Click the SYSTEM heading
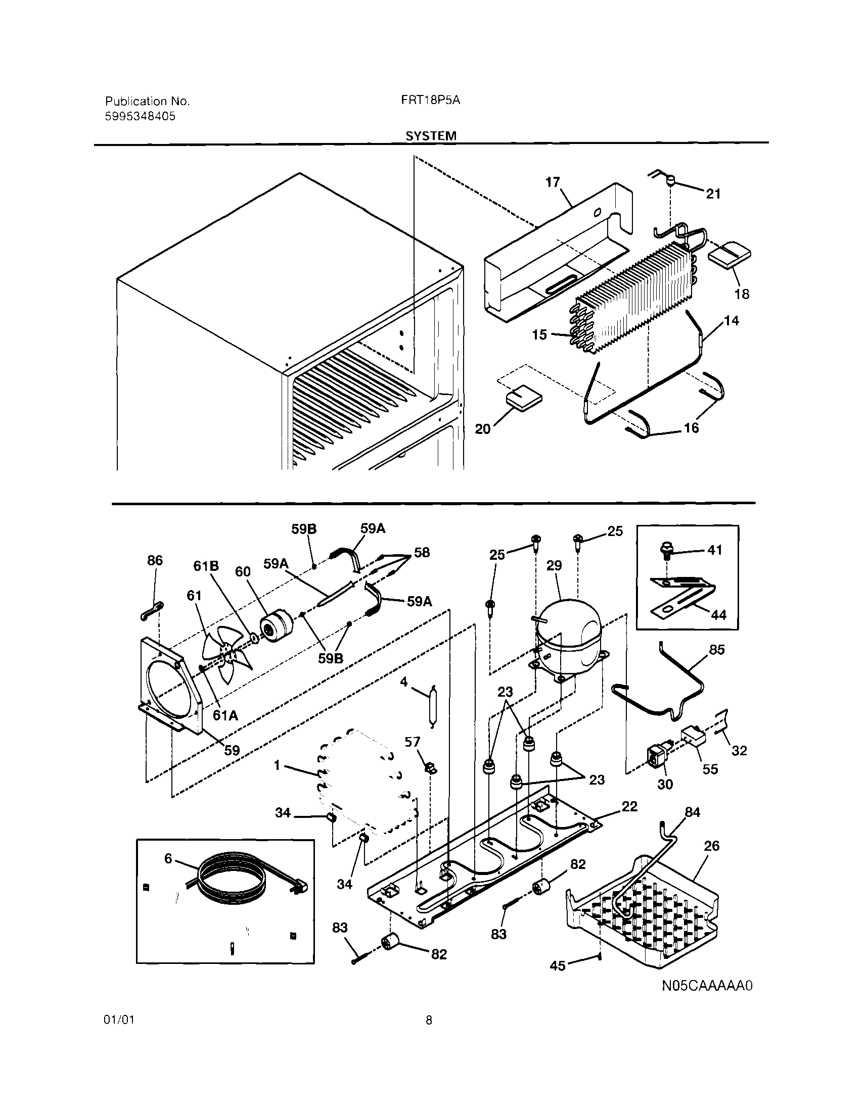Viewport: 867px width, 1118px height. click(x=431, y=136)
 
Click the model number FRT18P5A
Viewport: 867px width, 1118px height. click(x=431, y=101)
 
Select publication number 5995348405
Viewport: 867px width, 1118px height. click(x=140, y=116)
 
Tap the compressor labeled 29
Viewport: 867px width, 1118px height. click(x=567, y=638)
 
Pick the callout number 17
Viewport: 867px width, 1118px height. click(x=553, y=182)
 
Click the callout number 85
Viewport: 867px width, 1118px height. click(x=716, y=649)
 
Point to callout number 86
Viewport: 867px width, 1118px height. click(x=155, y=560)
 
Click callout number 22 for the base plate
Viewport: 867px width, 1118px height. click(x=629, y=806)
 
